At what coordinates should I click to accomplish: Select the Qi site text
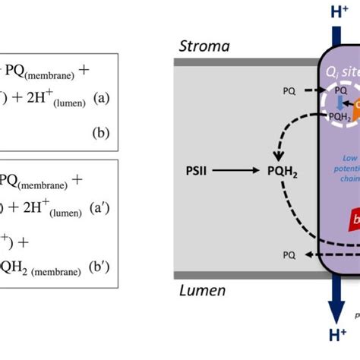tap(341, 74)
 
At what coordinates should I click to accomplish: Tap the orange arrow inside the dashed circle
tap(354, 103)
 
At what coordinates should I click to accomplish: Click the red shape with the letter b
tap(353, 220)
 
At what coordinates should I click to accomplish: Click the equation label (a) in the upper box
tap(103, 99)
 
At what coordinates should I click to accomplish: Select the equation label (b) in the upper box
tap(101, 133)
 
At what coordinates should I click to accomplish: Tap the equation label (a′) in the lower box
tap(102, 205)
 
